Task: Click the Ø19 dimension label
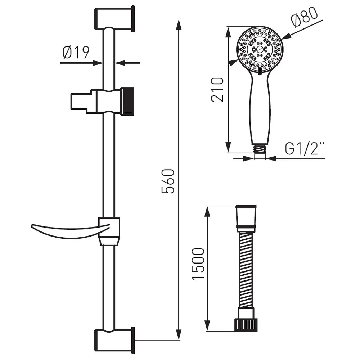click(x=76, y=53)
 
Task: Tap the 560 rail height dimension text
click(x=168, y=181)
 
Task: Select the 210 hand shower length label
click(x=217, y=90)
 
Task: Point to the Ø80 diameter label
click(x=304, y=17)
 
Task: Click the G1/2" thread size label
click(x=305, y=149)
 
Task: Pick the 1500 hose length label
click(x=198, y=264)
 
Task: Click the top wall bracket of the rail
click(x=114, y=19)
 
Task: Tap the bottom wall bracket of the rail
click(x=114, y=341)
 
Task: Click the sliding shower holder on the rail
click(x=102, y=101)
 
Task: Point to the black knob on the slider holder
click(x=127, y=101)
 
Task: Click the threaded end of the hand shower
click(x=260, y=149)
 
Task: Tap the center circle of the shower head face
click(x=260, y=49)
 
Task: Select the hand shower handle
click(x=260, y=108)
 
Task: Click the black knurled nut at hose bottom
click(x=246, y=325)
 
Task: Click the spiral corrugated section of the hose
click(x=246, y=270)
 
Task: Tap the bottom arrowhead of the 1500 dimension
click(x=207, y=325)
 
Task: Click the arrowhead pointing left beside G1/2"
click(x=271, y=158)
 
